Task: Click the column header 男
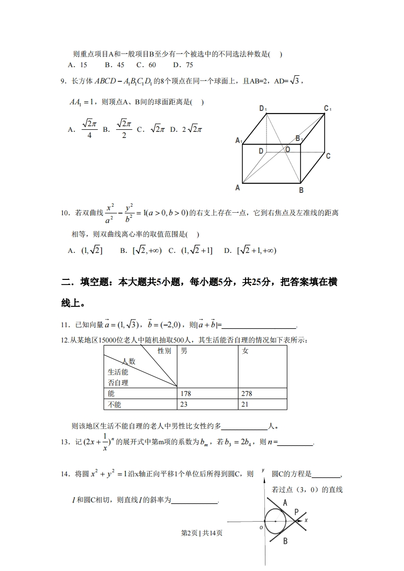pos(184,351)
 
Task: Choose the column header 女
pos(245,351)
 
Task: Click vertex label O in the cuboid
pos(288,149)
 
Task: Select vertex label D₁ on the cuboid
pos(263,108)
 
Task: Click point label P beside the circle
pos(297,512)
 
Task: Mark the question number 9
pos(64,80)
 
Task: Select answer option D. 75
pos(183,65)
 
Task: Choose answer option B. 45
pos(115,65)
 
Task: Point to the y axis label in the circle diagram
pos(263,470)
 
